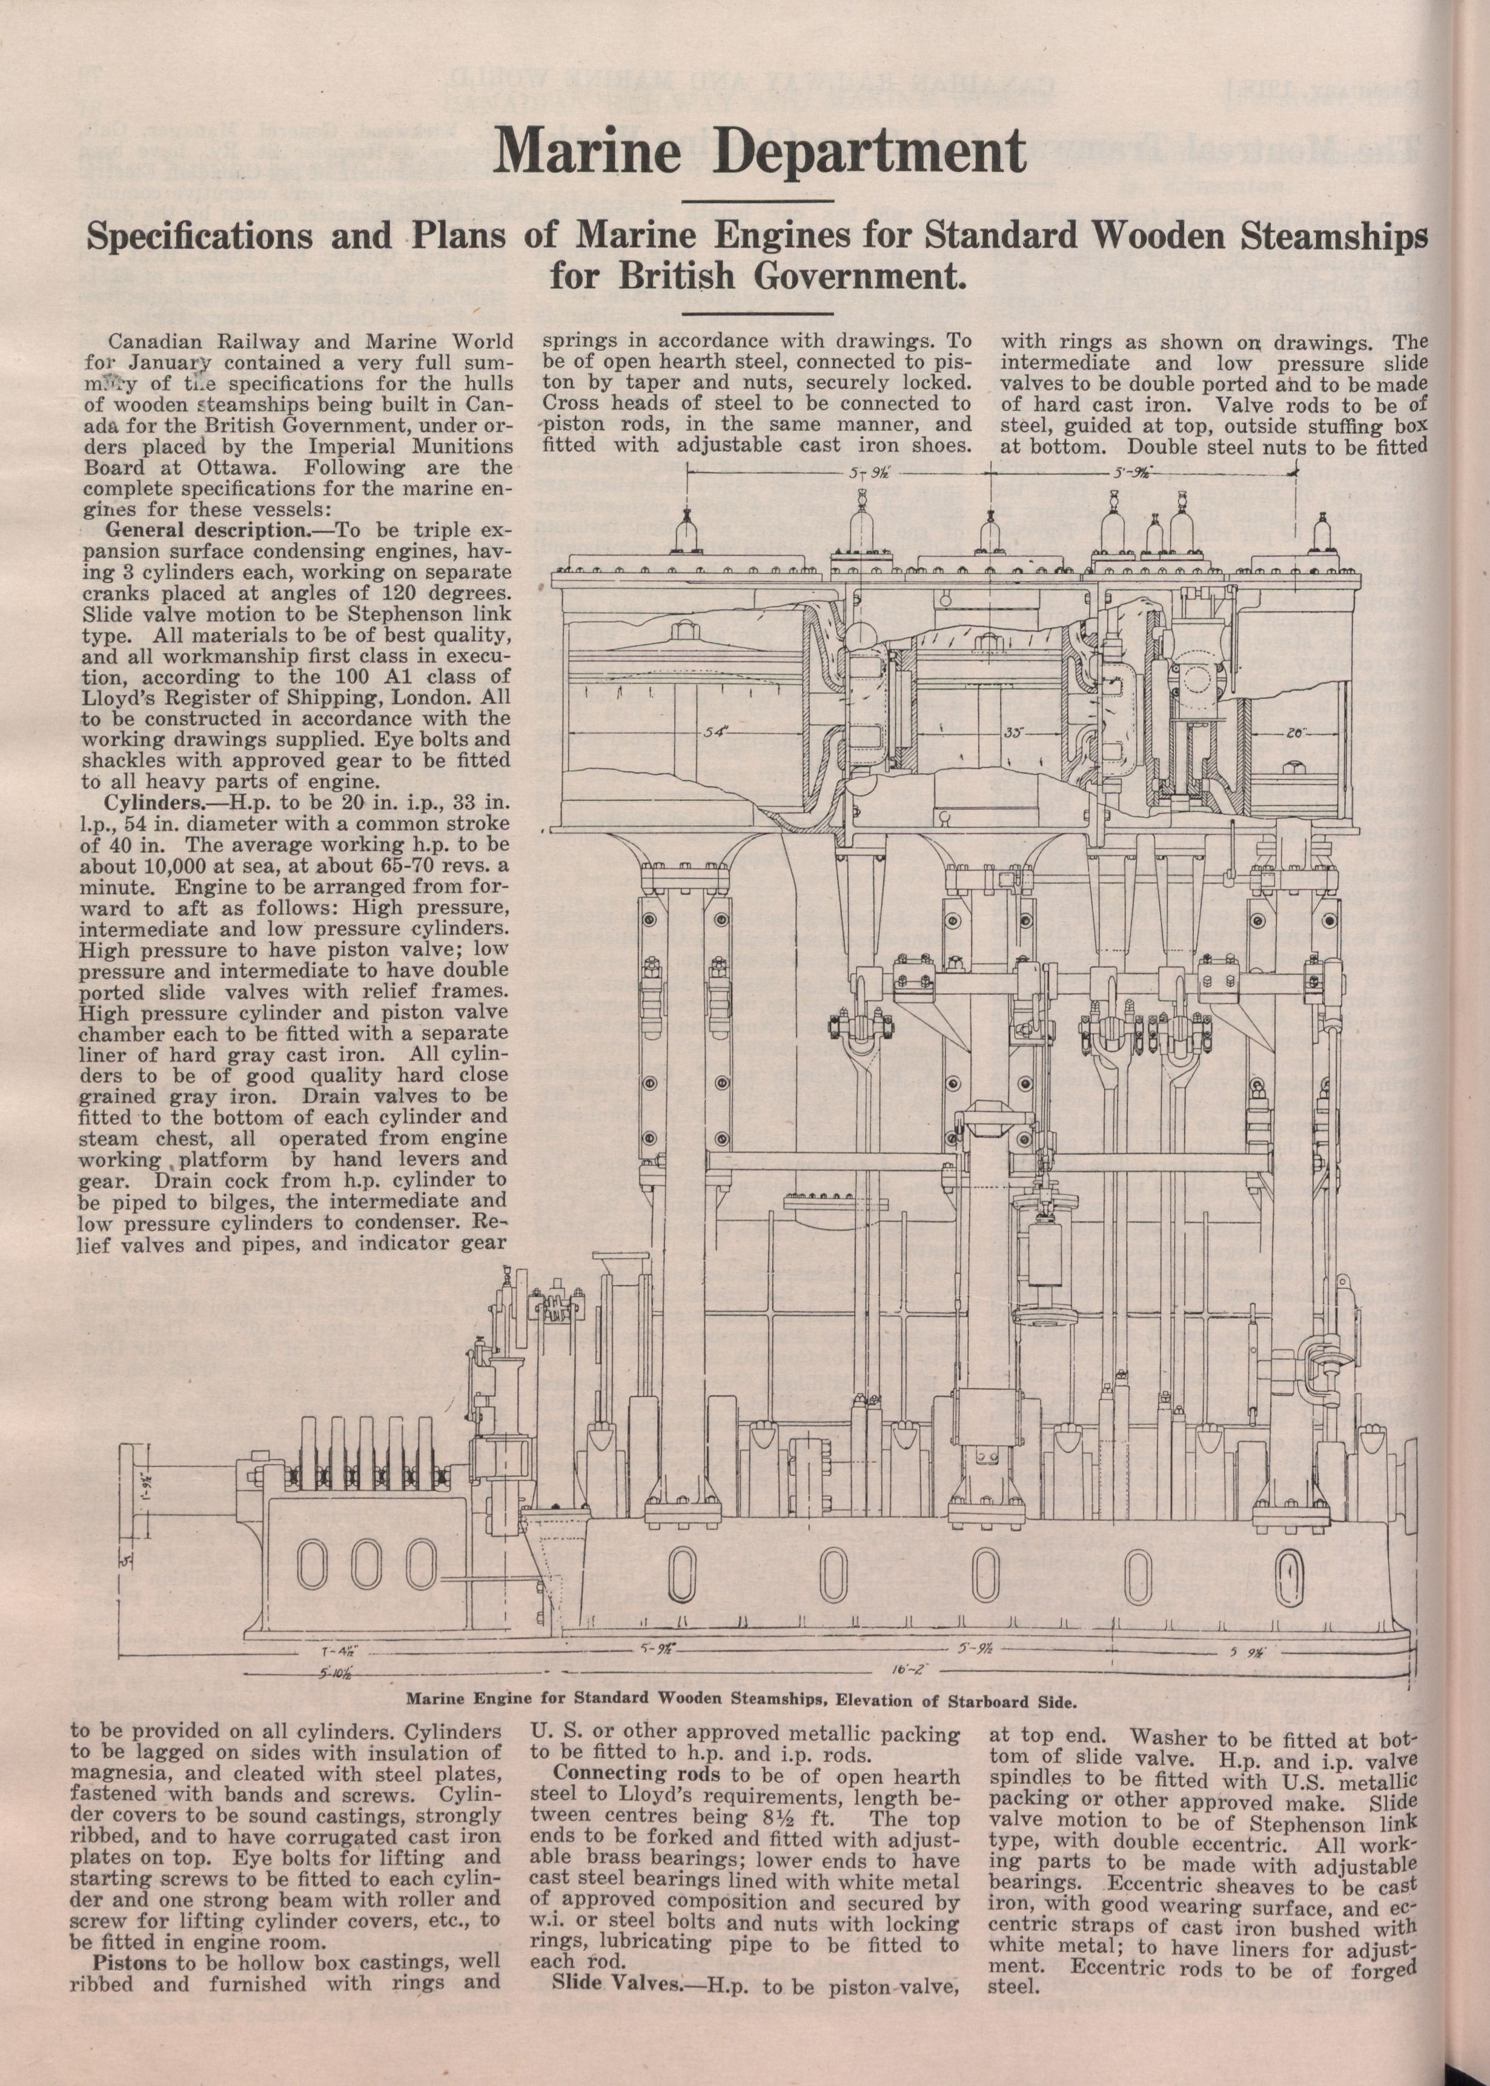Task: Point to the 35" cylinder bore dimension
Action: tap(1013, 733)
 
